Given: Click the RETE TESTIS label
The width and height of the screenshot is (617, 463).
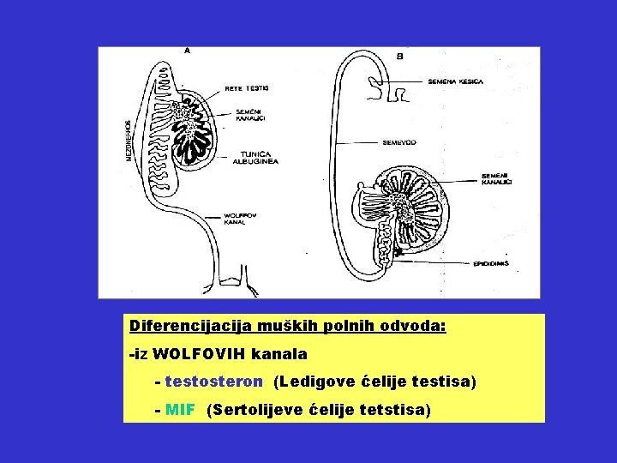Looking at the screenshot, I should click(x=247, y=87).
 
